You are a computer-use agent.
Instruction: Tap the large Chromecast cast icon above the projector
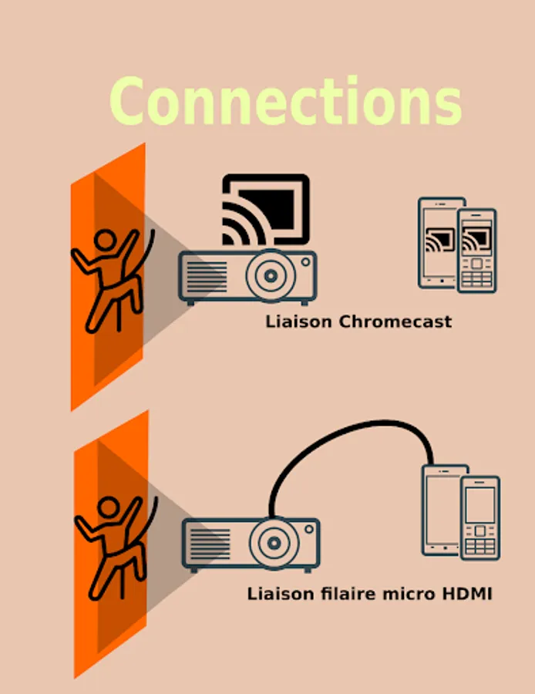click(265, 210)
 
